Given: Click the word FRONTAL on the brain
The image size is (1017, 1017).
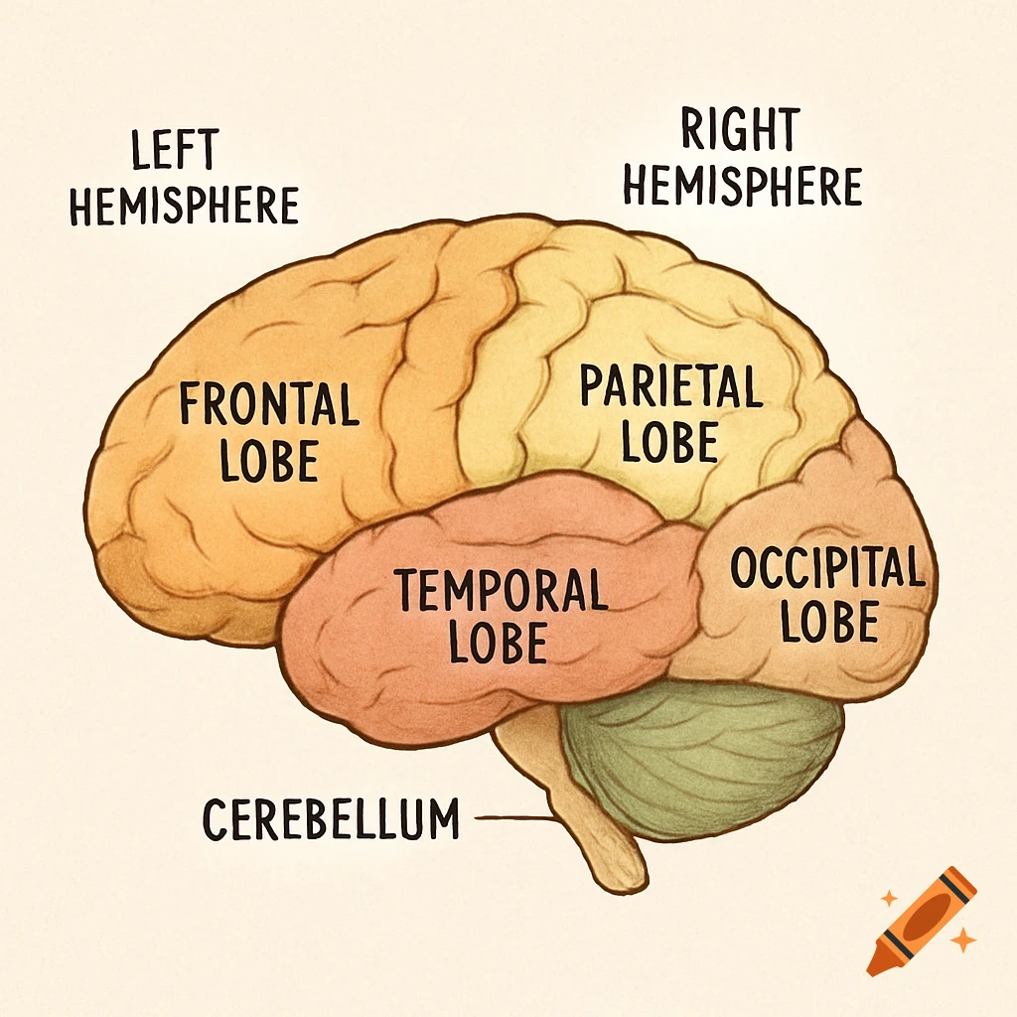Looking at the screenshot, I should click(268, 405).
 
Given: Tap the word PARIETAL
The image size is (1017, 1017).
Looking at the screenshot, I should click(670, 387).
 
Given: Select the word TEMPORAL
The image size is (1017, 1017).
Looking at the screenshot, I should click(501, 590).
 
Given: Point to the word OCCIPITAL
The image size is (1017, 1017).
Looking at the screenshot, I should click(826, 569).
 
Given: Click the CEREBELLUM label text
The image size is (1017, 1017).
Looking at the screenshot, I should click(332, 819).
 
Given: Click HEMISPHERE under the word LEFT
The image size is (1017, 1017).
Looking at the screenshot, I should click(185, 206).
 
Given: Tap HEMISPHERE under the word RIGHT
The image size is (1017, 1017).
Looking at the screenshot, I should click(742, 186).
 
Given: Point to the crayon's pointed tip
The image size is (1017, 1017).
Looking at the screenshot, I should click(875, 965).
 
